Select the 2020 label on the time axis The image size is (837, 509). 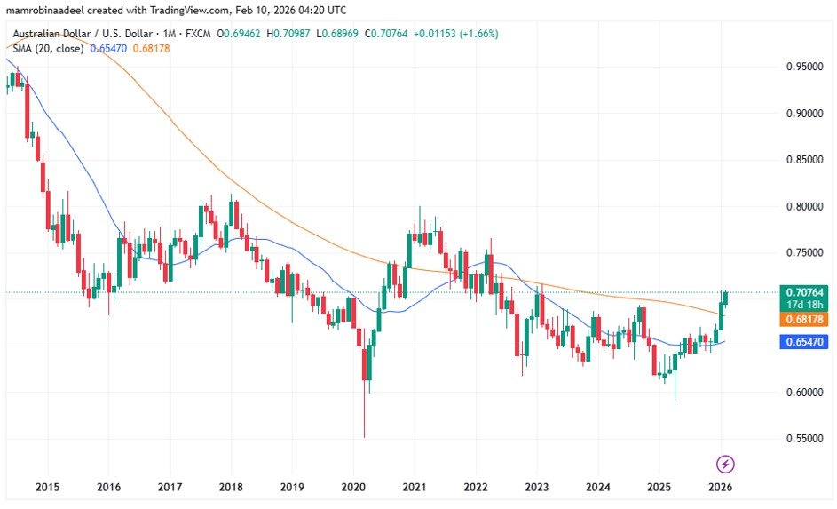pyautogui.click(x=352, y=487)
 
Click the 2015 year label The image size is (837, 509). pyautogui.click(x=47, y=487)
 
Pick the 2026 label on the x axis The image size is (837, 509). pyautogui.click(x=720, y=487)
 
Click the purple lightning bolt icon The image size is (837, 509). pyautogui.click(x=725, y=464)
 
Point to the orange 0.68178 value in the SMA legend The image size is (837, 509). pyautogui.click(x=151, y=48)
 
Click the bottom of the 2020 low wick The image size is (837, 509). pyautogui.click(x=364, y=435)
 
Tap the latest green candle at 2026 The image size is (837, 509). pyautogui.click(x=725, y=298)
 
